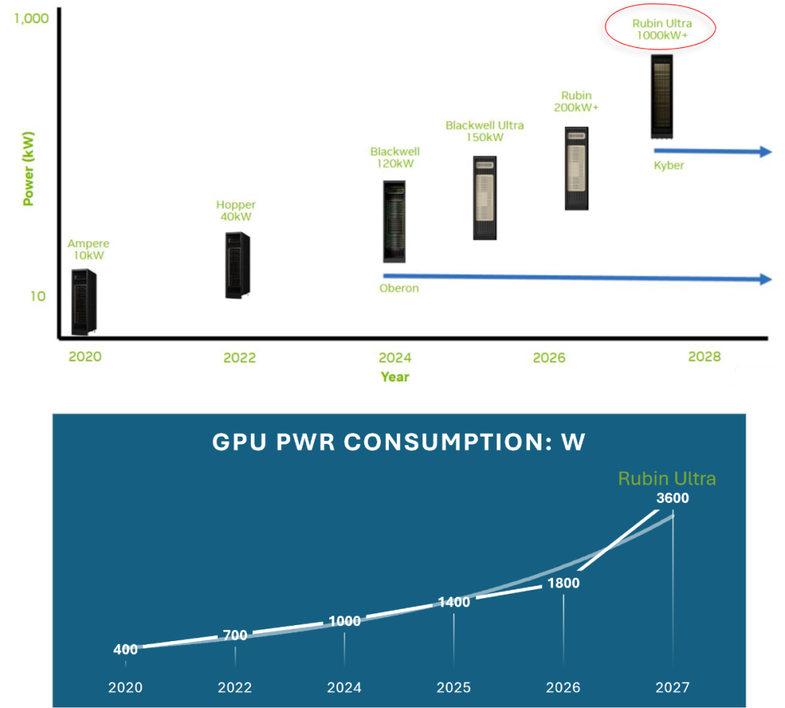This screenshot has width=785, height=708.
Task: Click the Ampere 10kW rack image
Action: (x=84, y=302)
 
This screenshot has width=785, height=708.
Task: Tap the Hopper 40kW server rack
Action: (x=237, y=265)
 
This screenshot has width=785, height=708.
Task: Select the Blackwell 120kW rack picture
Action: (x=394, y=221)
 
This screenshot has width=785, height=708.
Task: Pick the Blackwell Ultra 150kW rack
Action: (x=485, y=198)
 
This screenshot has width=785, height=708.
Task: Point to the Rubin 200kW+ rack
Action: (x=576, y=169)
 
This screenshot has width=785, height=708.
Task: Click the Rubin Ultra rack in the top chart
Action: (x=661, y=96)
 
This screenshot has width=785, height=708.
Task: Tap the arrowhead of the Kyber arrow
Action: (x=765, y=151)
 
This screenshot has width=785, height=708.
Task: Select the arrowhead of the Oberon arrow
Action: (x=765, y=279)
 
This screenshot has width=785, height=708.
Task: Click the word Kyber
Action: (x=669, y=165)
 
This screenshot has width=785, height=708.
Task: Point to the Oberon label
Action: (x=399, y=288)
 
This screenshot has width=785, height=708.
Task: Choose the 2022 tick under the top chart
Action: (x=239, y=357)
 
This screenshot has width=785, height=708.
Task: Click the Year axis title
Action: (x=395, y=376)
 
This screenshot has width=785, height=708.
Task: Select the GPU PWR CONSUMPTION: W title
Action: (x=398, y=442)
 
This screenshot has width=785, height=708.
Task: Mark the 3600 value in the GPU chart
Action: (x=672, y=498)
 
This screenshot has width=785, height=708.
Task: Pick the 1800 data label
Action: (x=563, y=583)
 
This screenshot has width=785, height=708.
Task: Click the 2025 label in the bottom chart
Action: (x=454, y=688)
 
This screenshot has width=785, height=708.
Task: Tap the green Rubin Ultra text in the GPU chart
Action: (x=667, y=478)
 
